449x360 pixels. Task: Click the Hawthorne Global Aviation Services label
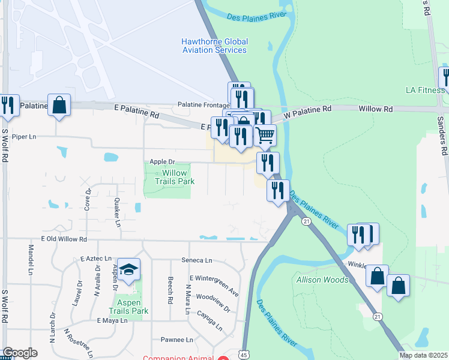pyautogui.click(x=214, y=46)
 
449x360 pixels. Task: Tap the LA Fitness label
pyautogui.click(x=425, y=91)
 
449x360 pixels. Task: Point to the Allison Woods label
pyautogui.click(x=322, y=280)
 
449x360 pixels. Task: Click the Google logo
pyautogui.click(x=20, y=353)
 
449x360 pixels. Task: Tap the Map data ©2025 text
pyautogui.click(x=424, y=355)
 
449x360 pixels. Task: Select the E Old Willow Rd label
pyautogui.click(x=64, y=239)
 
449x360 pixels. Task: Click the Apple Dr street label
pyautogui.click(x=162, y=161)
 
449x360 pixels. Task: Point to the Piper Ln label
pyautogui.click(x=24, y=137)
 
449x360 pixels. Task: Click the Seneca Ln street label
pyautogui.click(x=197, y=260)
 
